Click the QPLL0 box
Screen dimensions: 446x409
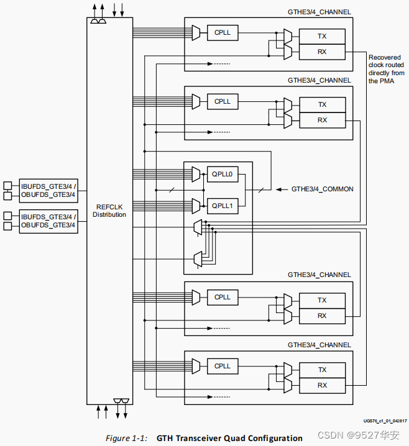(x=222, y=175)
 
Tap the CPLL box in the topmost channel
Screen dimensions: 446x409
(x=222, y=32)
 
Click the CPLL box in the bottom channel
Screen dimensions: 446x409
(x=222, y=366)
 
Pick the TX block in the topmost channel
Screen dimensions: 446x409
(x=321, y=37)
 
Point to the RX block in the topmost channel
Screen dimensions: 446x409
(x=321, y=52)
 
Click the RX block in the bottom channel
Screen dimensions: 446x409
(x=321, y=385)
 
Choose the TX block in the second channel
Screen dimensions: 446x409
(x=321, y=104)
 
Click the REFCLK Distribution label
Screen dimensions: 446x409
(x=109, y=211)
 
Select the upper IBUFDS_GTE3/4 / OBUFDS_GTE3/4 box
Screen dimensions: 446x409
(x=48, y=191)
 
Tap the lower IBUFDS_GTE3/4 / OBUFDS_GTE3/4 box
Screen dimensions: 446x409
(x=48, y=221)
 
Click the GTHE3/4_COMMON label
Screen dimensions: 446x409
(x=322, y=189)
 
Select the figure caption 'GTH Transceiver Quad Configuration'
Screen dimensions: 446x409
(x=229, y=438)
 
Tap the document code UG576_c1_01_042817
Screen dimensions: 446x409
(x=385, y=420)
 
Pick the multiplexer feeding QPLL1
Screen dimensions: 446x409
(x=196, y=205)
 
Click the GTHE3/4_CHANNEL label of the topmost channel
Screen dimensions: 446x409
(x=319, y=12)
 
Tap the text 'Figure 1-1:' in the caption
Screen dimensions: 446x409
(x=126, y=438)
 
